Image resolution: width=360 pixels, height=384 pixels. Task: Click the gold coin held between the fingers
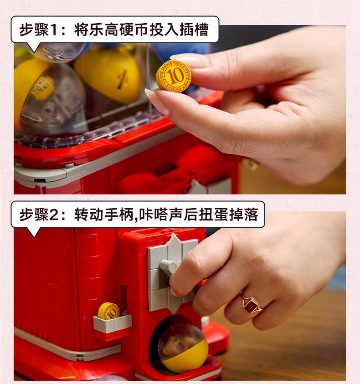click(174, 76)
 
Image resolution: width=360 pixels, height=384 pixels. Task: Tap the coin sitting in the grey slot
click(108, 311)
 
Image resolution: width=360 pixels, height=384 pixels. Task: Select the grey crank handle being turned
click(169, 267)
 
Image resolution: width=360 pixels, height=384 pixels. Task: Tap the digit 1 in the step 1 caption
click(54, 30)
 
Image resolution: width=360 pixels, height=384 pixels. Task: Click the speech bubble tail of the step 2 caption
click(34, 232)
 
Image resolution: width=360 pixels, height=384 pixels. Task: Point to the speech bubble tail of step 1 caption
click(34, 47)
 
